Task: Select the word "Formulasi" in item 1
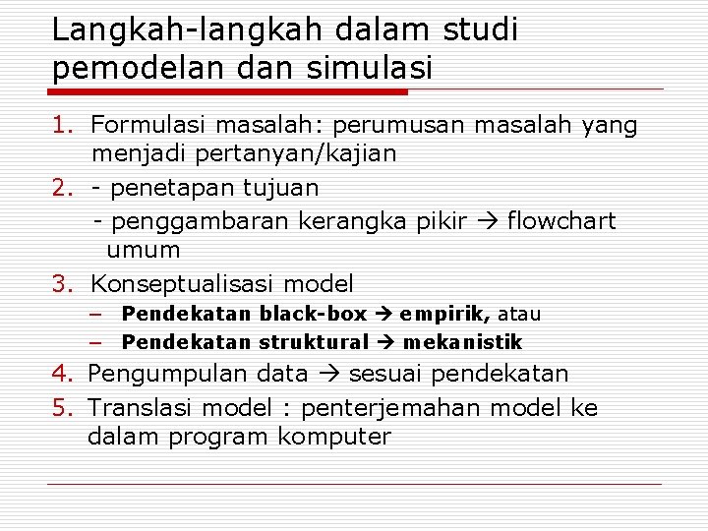point(149,125)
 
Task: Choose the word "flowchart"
point(561,220)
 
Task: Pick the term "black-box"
point(313,315)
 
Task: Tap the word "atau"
point(519,315)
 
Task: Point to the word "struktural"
point(314,342)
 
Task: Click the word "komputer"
point(334,436)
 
